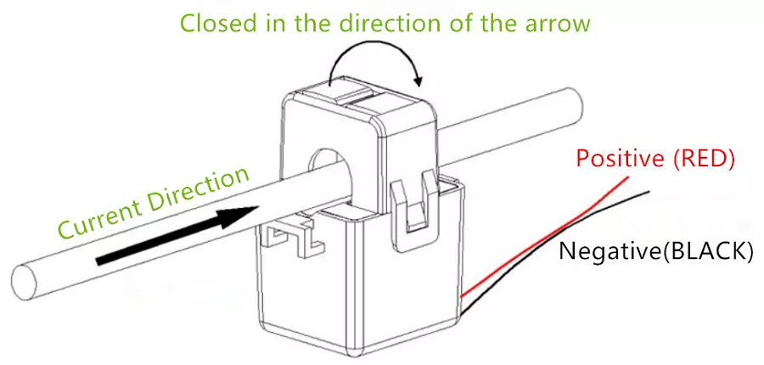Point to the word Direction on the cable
[x=200, y=188]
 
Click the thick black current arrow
[x=177, y=235]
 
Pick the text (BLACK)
[x=707, y=251]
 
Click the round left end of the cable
[x=25, y=283]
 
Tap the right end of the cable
[x=574, y=104]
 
